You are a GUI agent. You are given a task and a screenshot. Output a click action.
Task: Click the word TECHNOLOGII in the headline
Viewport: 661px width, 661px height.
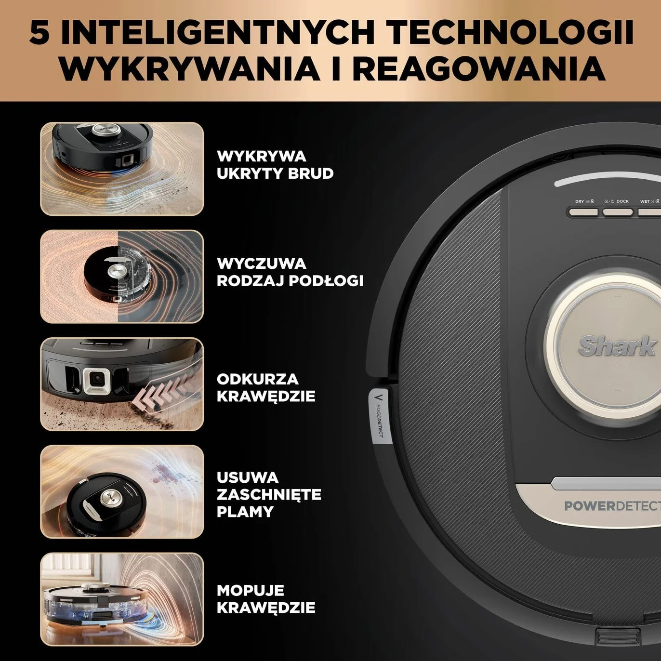[x=512, y=33]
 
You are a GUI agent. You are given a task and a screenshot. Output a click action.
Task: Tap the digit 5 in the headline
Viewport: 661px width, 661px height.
[x=40, y=33]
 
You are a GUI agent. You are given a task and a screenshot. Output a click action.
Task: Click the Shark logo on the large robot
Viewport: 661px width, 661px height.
[x=616, y=345]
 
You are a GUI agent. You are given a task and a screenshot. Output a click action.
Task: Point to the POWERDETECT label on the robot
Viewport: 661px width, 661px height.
[x=612, y=506]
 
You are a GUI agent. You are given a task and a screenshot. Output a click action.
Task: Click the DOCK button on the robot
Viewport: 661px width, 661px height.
[x=618, y=212]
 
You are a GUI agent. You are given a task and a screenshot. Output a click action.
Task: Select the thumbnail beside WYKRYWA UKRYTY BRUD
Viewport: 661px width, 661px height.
[x=122, y=169]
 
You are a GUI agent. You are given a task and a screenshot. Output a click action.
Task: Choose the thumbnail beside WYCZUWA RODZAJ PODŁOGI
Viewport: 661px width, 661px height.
[x=122, y=277]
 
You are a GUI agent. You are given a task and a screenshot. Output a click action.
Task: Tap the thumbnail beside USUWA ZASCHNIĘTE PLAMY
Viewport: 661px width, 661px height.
[x=122, y=491]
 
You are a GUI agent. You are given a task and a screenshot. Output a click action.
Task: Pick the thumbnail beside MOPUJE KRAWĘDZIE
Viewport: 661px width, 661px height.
[x=122, y=599]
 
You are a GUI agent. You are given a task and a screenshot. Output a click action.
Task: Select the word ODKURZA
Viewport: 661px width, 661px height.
[x=258, y=379]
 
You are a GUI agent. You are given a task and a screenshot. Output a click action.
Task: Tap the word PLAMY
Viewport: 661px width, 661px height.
[x=245, y=512]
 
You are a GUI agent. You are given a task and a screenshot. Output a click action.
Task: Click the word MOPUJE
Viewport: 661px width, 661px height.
[x=251, y=590]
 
